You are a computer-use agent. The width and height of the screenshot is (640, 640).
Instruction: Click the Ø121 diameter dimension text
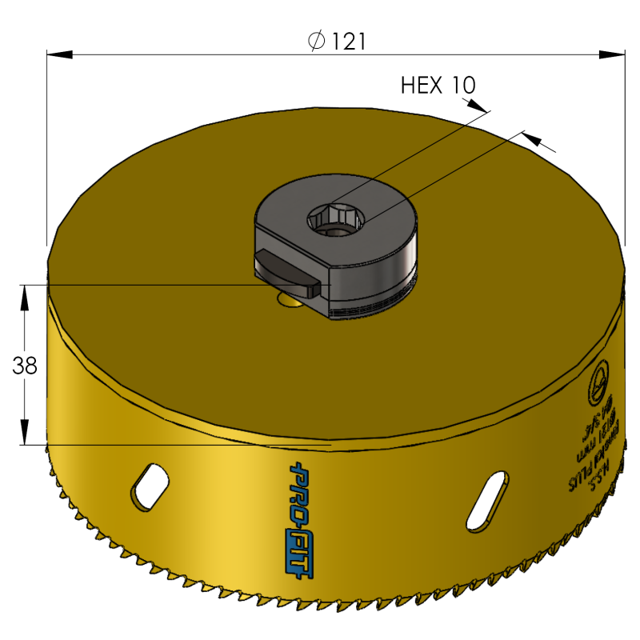tap(337, 41)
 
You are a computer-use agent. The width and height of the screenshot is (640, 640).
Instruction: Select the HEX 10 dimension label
tap(438, 85)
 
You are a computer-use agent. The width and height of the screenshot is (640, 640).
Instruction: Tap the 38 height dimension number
tap(25, 366)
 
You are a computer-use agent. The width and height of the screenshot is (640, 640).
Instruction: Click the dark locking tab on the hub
tap(287, 273)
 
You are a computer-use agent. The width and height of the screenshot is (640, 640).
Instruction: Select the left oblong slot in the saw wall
tap(149, 486)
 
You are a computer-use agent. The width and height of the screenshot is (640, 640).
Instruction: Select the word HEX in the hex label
tap(420, 85)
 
